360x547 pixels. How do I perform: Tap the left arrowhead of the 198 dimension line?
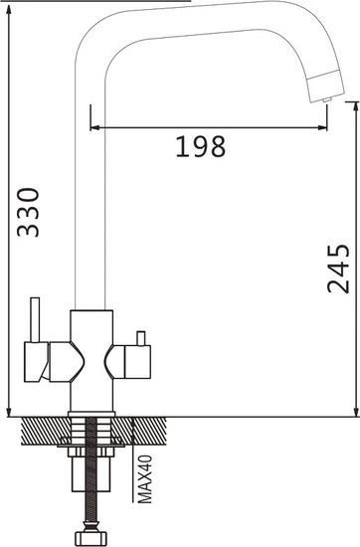[94, 126]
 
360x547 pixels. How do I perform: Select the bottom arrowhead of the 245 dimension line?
[354, 409]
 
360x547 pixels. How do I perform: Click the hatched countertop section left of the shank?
[40, 430]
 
